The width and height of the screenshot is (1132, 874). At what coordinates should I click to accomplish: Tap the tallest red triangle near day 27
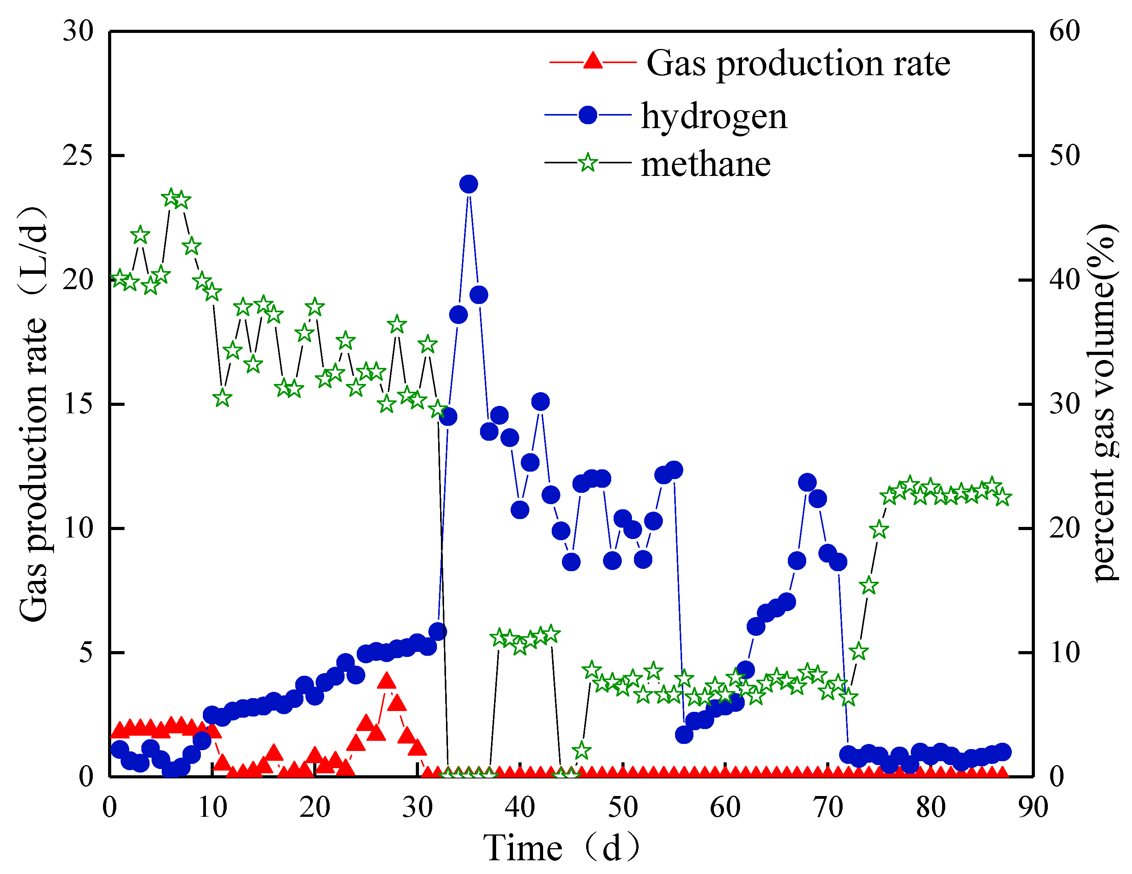[x=386, y=681]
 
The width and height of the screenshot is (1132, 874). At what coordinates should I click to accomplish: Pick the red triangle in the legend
[x=592, y=61]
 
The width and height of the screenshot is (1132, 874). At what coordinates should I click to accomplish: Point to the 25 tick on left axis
[x=78, y=155]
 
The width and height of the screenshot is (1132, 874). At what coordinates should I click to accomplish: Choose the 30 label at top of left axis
[x=78, y=31]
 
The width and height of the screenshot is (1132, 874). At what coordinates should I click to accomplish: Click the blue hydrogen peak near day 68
[x=807, y=482]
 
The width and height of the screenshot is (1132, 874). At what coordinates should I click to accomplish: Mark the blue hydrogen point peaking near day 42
[x=540, y=402]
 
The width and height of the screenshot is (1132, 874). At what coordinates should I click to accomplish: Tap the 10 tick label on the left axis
[x=78, y=528]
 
